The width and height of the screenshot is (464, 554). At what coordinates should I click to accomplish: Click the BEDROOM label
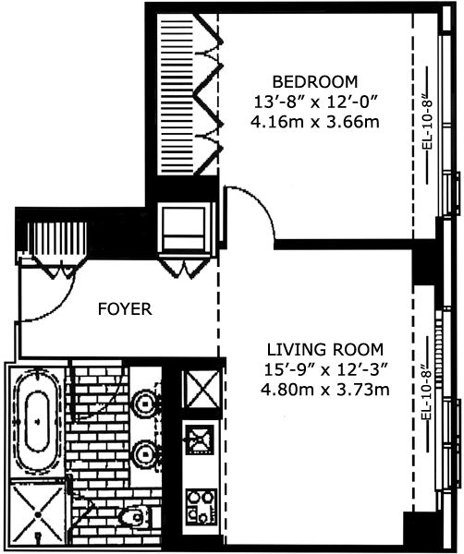315,81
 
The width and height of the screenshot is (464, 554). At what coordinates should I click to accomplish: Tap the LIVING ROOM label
325,349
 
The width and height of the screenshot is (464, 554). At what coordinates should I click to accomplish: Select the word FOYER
125,309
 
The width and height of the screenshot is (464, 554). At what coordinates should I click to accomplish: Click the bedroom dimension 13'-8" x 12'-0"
315,102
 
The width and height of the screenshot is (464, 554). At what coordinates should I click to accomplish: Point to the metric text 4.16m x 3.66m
315,122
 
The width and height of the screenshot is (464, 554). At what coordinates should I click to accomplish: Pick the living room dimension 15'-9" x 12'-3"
325,370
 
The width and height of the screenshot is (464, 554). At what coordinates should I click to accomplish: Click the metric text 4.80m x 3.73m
325,390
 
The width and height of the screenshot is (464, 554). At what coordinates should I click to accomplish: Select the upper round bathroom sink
144,402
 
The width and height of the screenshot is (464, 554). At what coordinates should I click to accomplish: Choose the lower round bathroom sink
144,454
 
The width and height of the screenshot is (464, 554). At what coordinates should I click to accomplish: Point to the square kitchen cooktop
200,440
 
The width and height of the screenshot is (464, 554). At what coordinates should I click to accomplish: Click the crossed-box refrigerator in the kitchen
201,389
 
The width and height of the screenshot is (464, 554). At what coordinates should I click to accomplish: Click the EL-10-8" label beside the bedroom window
428,125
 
